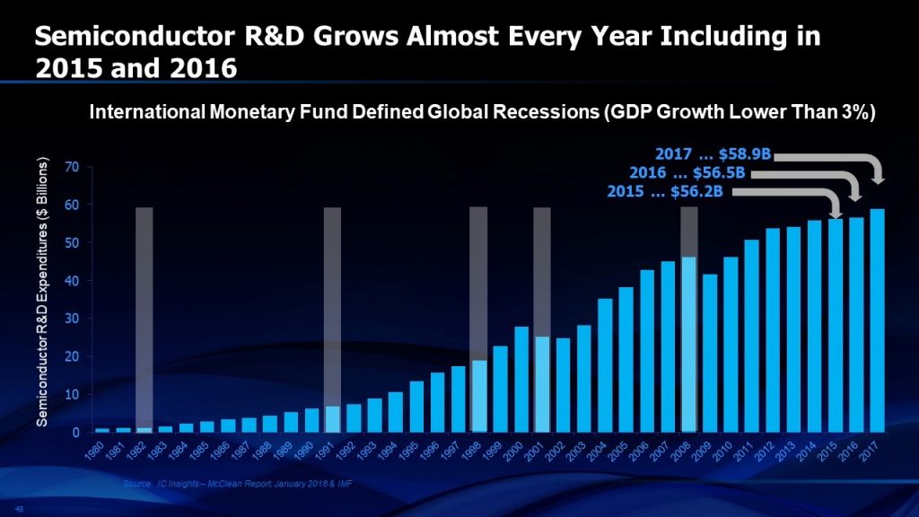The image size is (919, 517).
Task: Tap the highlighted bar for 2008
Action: pyautogui.click(x=688, y=345)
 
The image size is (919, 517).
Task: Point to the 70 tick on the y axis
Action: pyautogui.click(x=70, y=167)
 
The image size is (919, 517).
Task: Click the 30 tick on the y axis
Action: pyautogui.click(x=70, y=319)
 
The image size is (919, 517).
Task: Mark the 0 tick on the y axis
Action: pyautogui.click(x=74, y=432)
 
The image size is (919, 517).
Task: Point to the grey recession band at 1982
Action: pyautogui.click(x=144, y=314)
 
